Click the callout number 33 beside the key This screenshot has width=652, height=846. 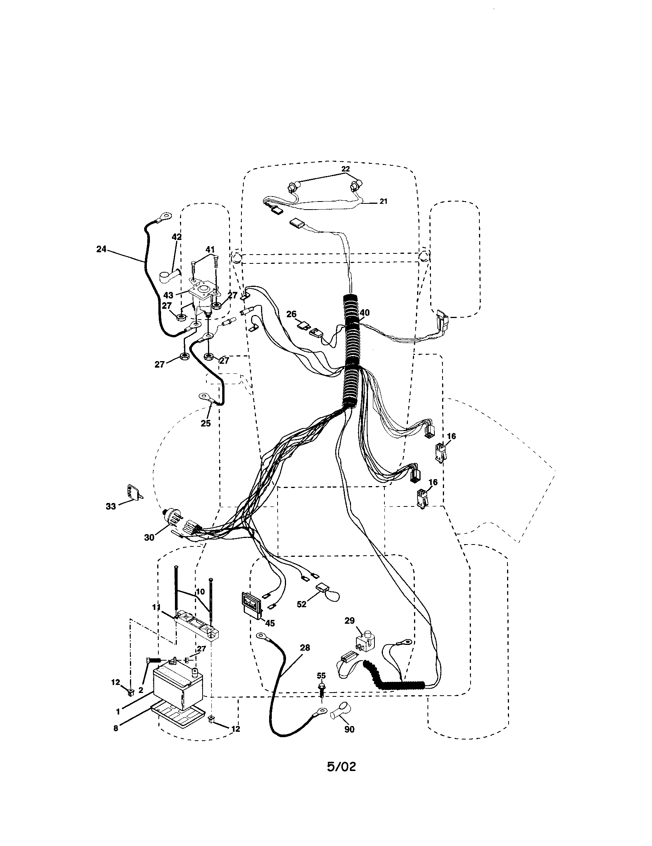point(111,506)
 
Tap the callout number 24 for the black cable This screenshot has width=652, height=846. point(101,250)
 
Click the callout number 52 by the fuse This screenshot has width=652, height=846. point(301,603)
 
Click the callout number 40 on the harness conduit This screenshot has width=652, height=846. point(364,313)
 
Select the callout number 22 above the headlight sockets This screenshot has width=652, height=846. point(345,169)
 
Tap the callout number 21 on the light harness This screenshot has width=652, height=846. point(383,201)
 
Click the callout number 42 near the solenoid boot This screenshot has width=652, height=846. point(176,237)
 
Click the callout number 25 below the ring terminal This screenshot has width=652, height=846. point(206,423)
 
